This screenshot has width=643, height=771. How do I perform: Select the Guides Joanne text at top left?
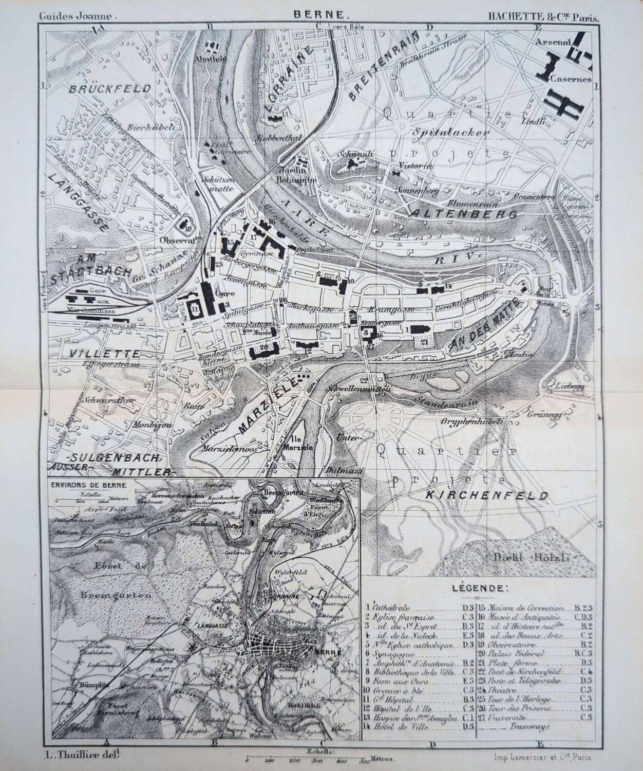(78, 16)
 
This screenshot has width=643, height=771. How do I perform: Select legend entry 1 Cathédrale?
(392, 607)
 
